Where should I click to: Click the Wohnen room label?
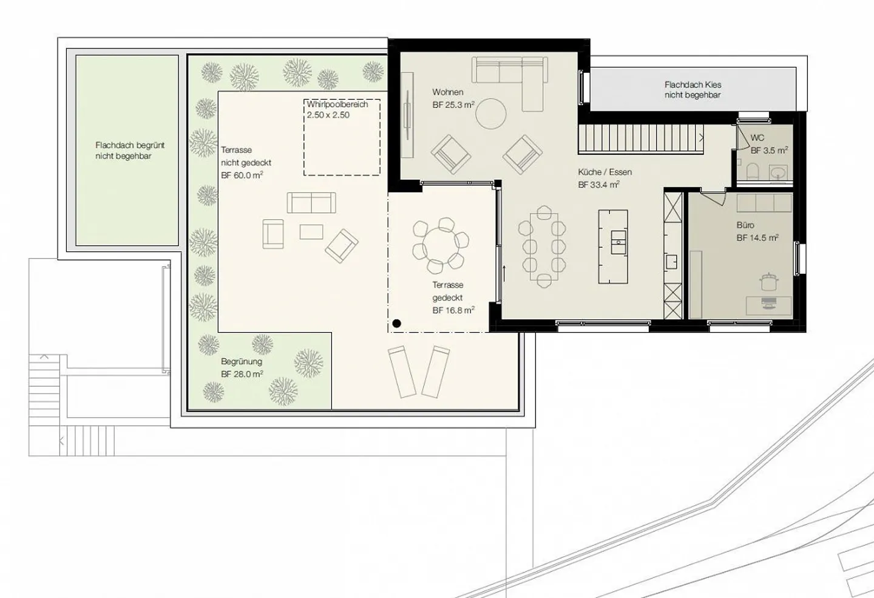447,92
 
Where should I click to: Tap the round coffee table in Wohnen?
490,114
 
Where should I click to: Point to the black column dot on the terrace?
396,324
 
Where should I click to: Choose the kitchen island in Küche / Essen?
613,246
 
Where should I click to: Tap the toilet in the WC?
753,171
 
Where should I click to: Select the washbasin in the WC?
779,173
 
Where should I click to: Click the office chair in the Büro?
770,283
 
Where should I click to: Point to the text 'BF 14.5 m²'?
757,238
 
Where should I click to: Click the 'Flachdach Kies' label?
693,85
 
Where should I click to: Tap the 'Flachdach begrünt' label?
129,146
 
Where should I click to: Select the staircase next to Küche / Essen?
640,138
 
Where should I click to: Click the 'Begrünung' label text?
241,362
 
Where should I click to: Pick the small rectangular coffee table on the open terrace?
311,231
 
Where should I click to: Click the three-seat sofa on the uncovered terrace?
311,203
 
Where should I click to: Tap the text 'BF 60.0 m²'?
242,175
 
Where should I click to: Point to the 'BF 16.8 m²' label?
453,310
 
